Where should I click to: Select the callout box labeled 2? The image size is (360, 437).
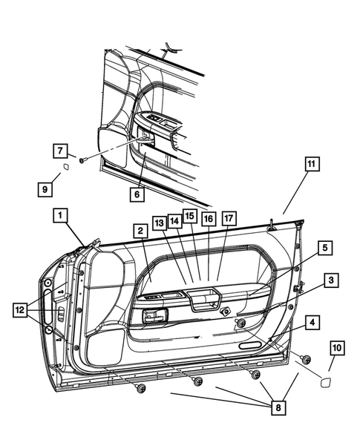(x=139, y=231)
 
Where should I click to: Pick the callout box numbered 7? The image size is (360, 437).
(x=59, y=151)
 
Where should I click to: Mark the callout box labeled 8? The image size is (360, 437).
(x=278, y=407)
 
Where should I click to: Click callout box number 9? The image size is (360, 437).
(x=46, y=189)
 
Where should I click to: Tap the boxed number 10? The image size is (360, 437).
(x=336, y=346)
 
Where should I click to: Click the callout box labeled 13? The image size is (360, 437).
(x=160, y=223)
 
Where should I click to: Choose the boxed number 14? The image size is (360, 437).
(x=174, y=220)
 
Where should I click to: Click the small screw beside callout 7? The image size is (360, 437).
(x=82, y=159)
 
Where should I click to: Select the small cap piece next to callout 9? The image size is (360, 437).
(x=66, y=167)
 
